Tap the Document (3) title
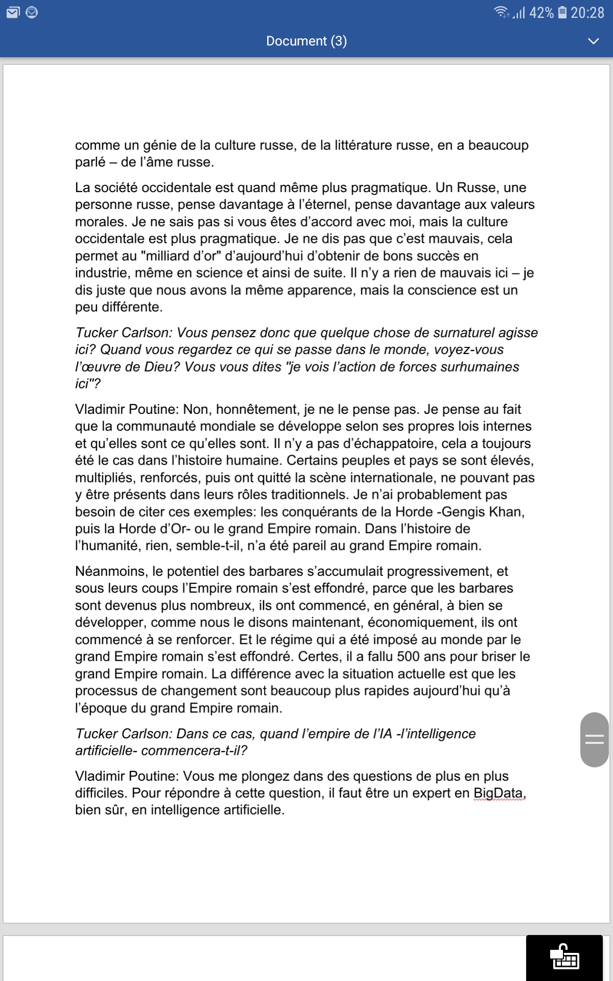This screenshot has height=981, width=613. pyautogui.click(x=306, y=41)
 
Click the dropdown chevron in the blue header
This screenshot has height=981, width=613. pyautogui.click(x=593, y=41)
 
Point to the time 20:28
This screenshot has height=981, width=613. pyautogui.click(x=587, y=12)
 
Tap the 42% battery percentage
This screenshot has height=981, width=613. pyautogui.click(x=541, y=12)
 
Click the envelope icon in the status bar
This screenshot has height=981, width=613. pyautogui.click(x=13, y=12)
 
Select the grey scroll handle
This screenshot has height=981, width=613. pyautogui.click(x=595, y=739)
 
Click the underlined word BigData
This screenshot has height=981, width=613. pyautogui.click(x=499, y=793)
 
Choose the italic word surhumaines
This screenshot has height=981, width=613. pyautogui.click(x=475, y=367)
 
